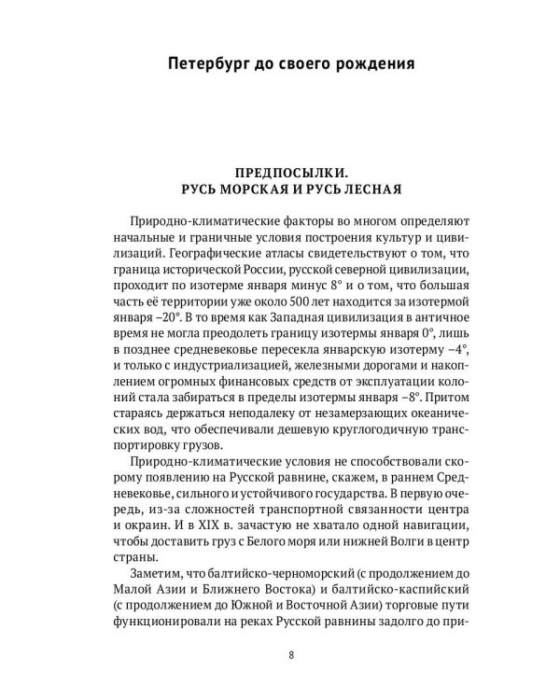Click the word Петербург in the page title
tap(203, 65)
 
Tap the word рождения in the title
tap(368, 65)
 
